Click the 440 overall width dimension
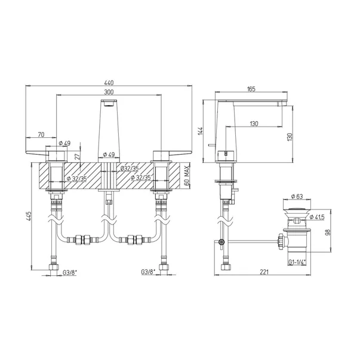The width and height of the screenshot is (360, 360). point(109,82)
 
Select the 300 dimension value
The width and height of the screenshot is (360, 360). point(109,92)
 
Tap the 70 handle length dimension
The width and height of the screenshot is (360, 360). point(41,135)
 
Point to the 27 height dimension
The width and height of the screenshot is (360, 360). point(78,157)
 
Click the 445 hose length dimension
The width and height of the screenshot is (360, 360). point(29,216)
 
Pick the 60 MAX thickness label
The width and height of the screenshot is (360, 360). point(187,176)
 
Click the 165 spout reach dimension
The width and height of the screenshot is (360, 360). point(251,89)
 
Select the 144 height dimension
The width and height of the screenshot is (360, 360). point(201,131)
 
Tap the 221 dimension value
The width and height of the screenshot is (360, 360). point(264,272)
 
